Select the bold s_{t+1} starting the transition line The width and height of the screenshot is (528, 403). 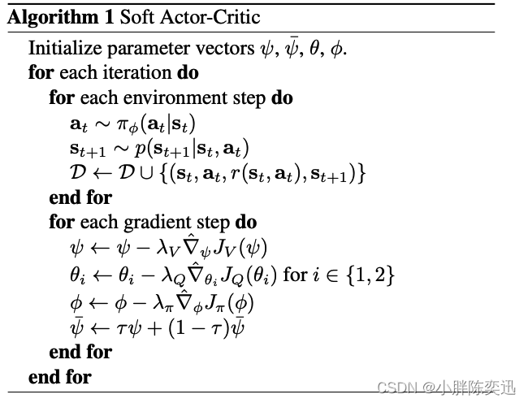87,149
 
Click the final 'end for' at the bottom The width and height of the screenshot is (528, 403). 59,377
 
